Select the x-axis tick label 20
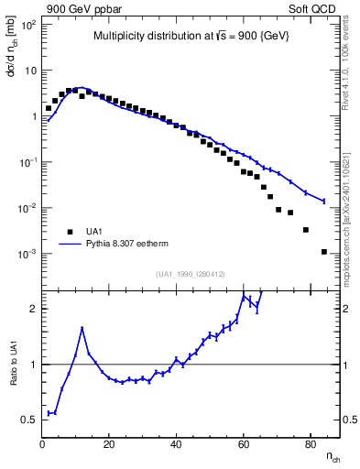[x=110, y=444]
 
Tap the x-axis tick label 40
[x=177, y=444]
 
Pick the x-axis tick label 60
[x=244, y=444]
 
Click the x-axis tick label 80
[x=311, y=444]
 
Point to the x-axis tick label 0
[x=43, y=444]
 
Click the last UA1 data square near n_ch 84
[x=324, y=251]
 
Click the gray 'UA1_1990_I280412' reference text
[x=191, y=274]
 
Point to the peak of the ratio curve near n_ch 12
[x=82, y=328]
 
